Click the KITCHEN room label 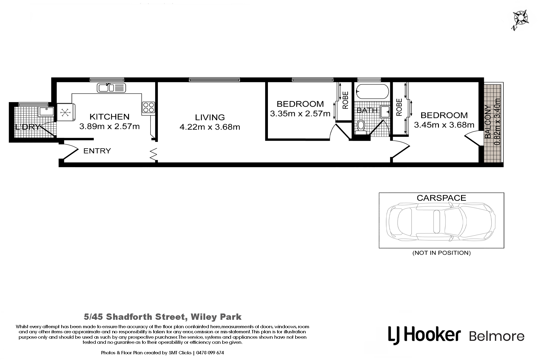[109, 116]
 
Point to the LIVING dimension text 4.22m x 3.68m [210, 127]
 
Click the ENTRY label [97, 151]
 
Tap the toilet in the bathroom [361, 127]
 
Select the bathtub [371, 91]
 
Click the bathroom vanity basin [385, 111]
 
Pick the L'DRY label [27, 127]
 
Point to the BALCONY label [488, 122]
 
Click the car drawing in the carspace [441, 221]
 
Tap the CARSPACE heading [441, 198]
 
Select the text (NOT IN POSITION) [442, 253]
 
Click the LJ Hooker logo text [424, 335]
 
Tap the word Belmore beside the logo [496, 336]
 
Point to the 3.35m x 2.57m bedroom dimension [300, 114]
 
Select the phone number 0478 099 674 [210, 353]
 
